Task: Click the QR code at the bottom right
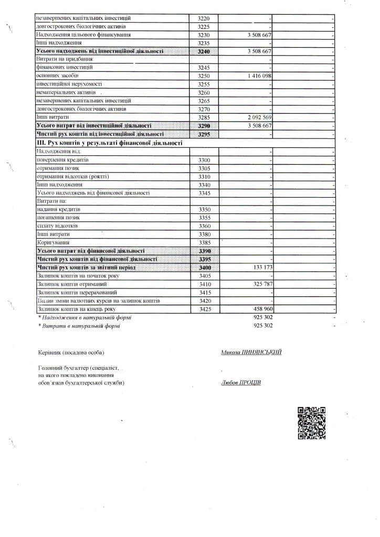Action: point(312,423)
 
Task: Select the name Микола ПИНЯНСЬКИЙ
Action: point(251,352)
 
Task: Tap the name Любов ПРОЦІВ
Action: point(241,382)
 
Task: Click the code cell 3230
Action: point(204,35)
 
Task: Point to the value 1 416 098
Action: point(255,76)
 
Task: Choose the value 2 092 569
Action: point(255,117)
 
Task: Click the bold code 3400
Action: point(204,267)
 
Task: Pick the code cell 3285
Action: point(204,117)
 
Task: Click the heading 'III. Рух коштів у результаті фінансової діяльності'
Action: point(109,143)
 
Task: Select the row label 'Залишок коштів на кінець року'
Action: point(76,309)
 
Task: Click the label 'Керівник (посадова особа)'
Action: point(71,352)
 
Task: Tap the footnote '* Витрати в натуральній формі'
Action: point(79,326)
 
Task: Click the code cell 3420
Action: point(204,301)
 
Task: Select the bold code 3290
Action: point(204,126)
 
